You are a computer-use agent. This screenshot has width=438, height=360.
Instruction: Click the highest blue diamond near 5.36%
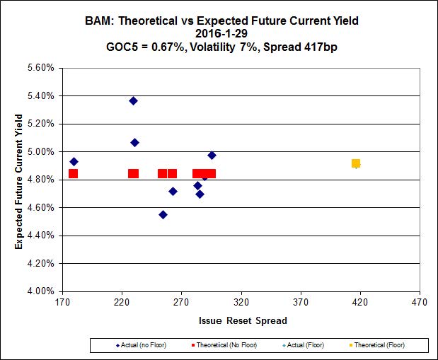click(133, 100)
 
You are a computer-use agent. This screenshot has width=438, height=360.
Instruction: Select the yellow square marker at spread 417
click(356, 163)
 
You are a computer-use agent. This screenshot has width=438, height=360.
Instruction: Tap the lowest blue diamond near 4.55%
click(163, 214)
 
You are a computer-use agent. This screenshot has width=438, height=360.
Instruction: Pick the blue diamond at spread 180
click(74, 161)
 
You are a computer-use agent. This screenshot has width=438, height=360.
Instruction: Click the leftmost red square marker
click(73, 173)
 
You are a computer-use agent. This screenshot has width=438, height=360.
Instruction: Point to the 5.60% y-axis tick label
click(40, 69)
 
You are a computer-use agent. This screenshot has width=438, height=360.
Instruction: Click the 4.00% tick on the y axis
click(40, 291)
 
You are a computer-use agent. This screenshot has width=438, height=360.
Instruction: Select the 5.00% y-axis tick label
click(40, 152)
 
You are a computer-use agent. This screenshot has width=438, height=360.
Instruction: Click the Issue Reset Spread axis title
click(243, 320)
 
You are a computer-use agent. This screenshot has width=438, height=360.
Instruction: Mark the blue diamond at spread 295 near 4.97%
click(212, 155)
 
